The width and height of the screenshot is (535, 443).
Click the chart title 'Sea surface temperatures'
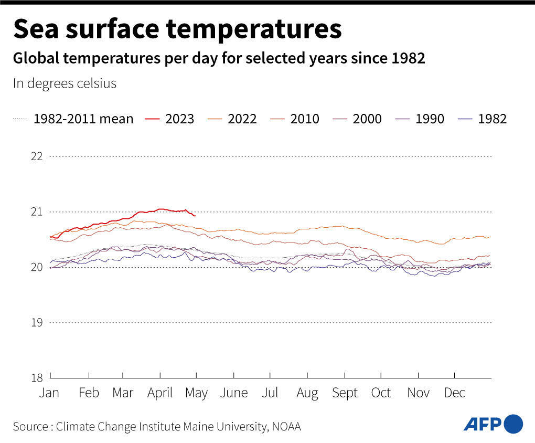(177, 29)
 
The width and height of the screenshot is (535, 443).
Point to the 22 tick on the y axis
(36, 156)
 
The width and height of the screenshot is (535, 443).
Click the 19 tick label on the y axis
(36, 322)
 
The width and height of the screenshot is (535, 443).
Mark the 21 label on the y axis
(36, 212)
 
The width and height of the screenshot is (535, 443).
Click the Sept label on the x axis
(345, 393)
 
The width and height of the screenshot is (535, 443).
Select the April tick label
(160, 393)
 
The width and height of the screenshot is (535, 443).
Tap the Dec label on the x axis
(454, 393)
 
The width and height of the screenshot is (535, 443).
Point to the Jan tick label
(49, 393)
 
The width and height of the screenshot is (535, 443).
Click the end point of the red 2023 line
(195, 215)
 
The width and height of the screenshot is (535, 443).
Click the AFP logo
(493, 424)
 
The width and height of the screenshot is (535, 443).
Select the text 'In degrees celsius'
(65, 83)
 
